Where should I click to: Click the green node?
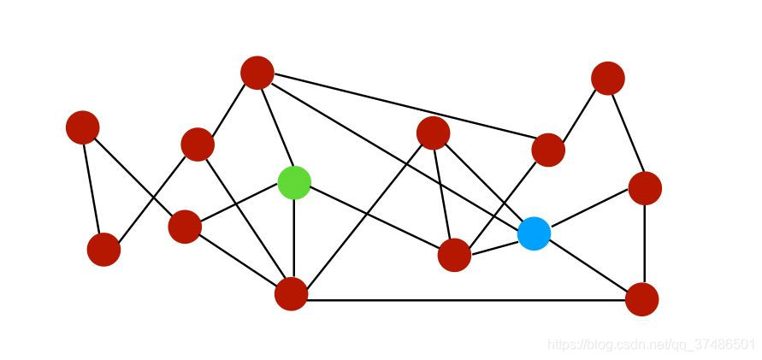[294, 182]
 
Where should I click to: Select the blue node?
[534, 233]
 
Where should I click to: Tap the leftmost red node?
[83, 127]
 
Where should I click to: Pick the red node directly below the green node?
[291, 294]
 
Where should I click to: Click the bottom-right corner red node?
[641, 299]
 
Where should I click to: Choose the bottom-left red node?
[103, 250]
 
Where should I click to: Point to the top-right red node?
[607, 78]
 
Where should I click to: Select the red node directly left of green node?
[185, 227]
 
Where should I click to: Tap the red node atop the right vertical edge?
[644, 188]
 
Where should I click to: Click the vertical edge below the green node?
[293, 239]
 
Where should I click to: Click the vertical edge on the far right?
[644, 244]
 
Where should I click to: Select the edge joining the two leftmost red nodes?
[92, 188]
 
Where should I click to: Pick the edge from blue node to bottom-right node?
[588, 266]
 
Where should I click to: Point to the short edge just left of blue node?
[494, 245]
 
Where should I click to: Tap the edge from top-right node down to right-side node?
[626, 133]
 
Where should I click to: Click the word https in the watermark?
[559, 345]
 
